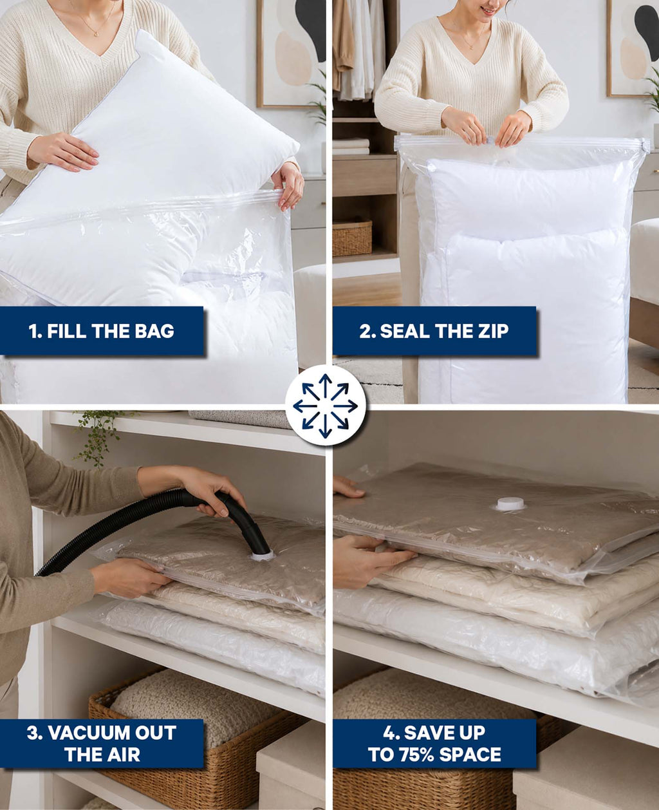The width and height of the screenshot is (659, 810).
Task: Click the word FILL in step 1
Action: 66,331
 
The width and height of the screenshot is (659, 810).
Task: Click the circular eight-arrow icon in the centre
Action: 326,406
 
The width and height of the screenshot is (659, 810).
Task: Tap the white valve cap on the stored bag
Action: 510,504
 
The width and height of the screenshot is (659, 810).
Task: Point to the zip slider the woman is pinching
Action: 490,140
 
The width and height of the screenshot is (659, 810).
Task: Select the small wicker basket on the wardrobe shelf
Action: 352,238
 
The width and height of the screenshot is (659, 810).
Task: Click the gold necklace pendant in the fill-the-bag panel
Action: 96,35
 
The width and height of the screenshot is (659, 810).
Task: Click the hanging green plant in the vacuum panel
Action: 96,437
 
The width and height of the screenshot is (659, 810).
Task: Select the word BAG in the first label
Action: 154,331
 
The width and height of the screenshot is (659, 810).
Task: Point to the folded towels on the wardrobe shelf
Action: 351,146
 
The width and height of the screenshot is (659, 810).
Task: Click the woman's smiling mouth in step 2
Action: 487,10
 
